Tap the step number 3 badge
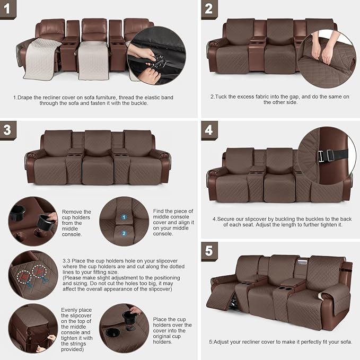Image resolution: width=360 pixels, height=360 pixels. (x=7, y=129)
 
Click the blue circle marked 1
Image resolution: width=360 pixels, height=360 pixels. (x=124, y=217)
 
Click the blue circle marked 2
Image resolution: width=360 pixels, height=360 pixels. (x=124, y=233)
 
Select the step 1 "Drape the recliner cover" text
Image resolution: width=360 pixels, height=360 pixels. (x=93, y=101)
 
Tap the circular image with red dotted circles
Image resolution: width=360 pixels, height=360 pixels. (x=33, y=275)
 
